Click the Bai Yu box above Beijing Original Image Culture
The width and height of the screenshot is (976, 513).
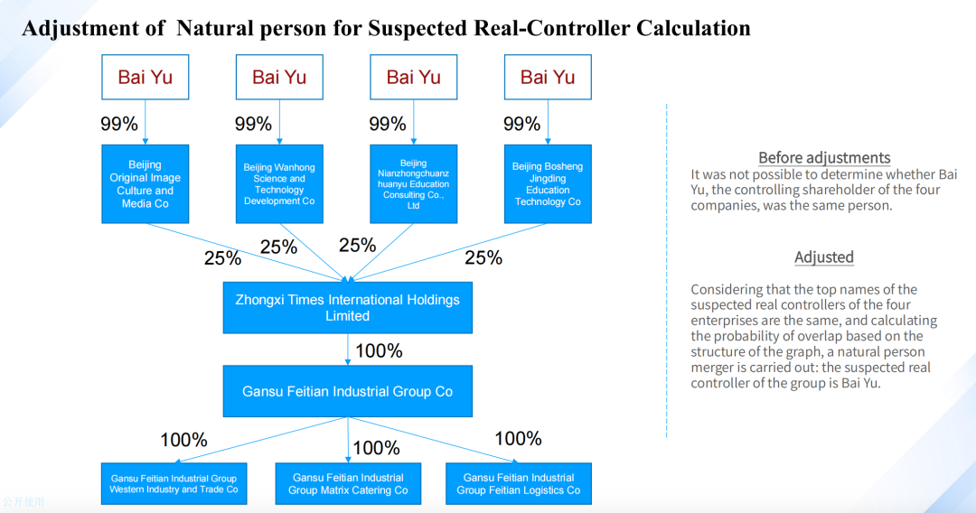pos(145,77)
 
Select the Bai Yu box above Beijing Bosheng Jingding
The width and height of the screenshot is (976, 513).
pos(548,77)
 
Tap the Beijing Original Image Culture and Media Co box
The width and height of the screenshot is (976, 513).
pos(145,184)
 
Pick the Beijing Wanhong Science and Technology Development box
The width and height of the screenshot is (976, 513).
pos(279,184)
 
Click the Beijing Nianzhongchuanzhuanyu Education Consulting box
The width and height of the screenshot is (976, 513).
pos(413,184)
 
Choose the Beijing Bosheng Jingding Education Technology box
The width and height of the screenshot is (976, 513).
pos(548,184)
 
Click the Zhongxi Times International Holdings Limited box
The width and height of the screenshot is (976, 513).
pos(347,308)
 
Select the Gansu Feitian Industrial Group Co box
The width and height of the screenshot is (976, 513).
pos(347,391)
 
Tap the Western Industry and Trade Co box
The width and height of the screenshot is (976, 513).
pos(174,483)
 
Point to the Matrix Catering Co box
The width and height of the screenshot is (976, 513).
pos(348,483)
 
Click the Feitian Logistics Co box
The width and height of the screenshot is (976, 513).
pos(519,483)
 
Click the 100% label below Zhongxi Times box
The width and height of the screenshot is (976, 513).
pos(379,350)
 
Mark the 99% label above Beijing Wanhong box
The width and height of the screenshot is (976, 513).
pos(253,124)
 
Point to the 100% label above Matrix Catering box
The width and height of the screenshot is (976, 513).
pos(376,448)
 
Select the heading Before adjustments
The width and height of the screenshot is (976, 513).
pos(824,157)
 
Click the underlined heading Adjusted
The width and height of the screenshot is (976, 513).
pos(824,257)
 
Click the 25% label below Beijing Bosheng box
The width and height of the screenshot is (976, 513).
pos(483,258)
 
